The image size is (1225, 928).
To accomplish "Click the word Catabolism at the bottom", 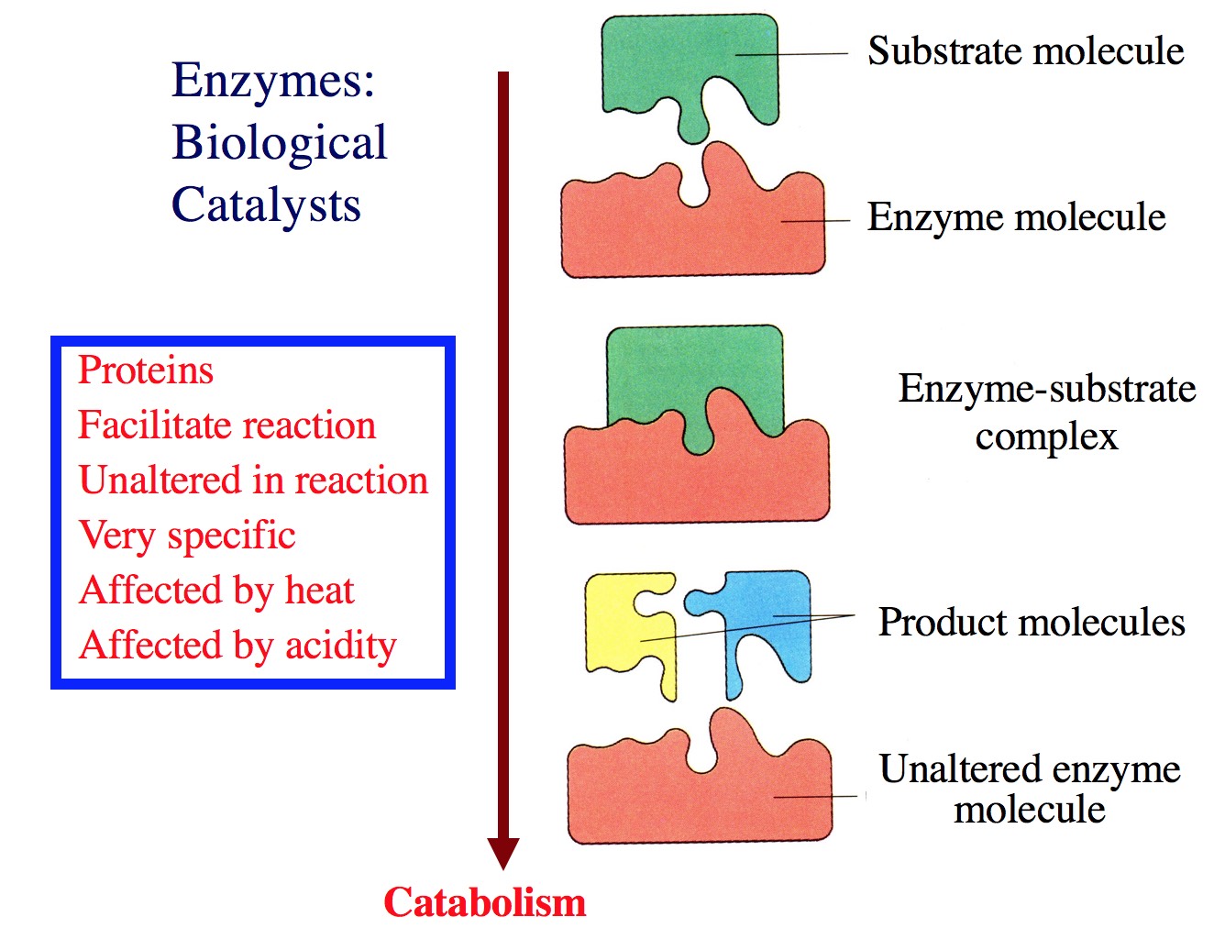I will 484,902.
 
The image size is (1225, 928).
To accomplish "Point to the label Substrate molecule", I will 1025,51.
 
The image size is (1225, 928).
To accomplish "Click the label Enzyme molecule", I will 1016,217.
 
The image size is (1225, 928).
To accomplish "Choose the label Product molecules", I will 1032,623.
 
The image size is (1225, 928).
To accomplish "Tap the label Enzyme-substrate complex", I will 1046,412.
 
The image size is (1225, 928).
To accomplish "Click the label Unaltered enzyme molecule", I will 1029,789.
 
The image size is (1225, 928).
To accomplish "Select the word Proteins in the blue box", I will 146,370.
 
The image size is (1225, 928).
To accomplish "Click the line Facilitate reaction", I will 226,425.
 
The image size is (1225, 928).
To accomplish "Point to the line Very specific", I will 187,536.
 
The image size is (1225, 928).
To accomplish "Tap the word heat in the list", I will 319,591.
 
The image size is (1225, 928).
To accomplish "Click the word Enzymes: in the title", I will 273,81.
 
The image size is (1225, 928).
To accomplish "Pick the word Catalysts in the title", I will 266,204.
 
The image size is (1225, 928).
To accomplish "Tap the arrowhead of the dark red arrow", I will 502,853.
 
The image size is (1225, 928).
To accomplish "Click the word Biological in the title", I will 280,143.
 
